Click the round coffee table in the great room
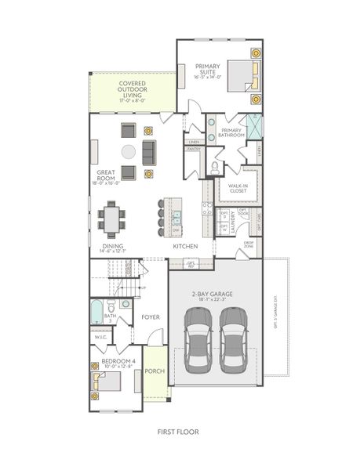(128, 151)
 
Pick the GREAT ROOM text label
(107, 177)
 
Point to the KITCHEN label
(185, 247)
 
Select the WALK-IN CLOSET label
(238, 189)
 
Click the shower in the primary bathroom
(255, 125)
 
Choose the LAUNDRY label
(231, 223)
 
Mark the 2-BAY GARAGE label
(215, 295)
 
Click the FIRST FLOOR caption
(178, 431)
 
